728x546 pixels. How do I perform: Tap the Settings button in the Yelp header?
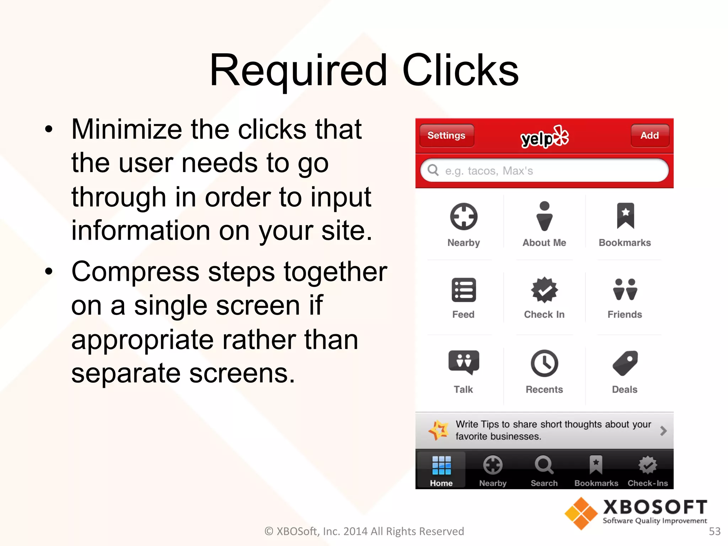(x=446, y=135)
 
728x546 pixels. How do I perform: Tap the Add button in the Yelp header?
(x=649, y=135)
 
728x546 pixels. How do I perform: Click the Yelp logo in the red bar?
(x=544, y=137)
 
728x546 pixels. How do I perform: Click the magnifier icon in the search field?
(x=433, y=170)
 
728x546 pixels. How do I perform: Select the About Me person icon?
(x=544, y=216)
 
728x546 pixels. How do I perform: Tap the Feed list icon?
(x=464, y=290)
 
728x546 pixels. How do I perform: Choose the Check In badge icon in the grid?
(x=544, y=290)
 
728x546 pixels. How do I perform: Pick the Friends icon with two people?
(x=625, y=290)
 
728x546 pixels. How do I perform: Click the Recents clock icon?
(x=544, y=363)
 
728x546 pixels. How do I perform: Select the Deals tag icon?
(x=625, y=363)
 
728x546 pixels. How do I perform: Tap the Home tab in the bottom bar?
(x=441, y=470)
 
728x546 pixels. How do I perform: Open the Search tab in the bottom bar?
(x=544, y=470)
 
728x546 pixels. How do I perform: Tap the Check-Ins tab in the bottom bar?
(x=648, y=470)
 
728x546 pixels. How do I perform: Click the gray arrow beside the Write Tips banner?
(x=663, y=431)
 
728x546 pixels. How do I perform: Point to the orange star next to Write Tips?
(x=439, y=430)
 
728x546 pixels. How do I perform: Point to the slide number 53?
(x=714, y=531)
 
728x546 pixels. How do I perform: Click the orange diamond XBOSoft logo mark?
(x=581, y=513)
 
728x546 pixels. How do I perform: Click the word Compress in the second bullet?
(x=135, y=272)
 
